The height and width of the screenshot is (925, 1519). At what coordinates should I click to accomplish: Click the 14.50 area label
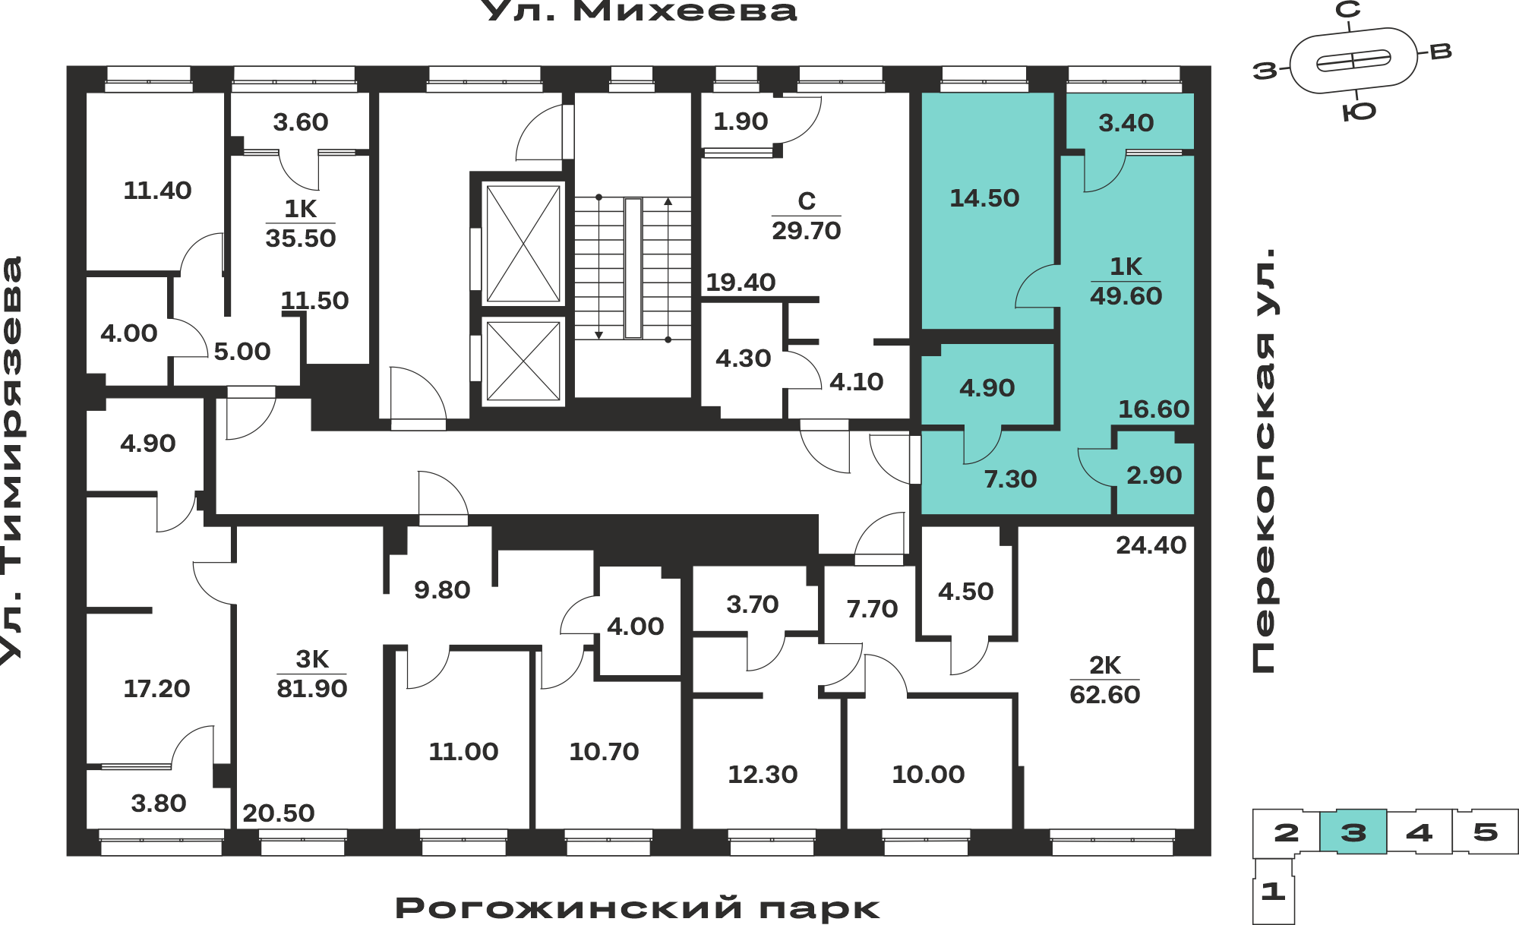[x=984, y=198]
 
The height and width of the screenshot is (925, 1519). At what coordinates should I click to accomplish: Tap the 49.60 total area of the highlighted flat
[x=1126, y=296]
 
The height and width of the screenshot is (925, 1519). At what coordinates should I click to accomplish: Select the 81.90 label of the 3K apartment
[x=311, y=689]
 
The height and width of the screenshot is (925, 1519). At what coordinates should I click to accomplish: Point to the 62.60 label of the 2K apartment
[x=1104, y=695]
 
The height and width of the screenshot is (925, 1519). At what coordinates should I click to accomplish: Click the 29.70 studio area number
[x=806, y=231]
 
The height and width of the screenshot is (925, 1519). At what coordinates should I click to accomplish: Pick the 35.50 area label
[x=300, y=238]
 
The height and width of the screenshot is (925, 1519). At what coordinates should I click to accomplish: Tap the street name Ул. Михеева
[x=639, y=11]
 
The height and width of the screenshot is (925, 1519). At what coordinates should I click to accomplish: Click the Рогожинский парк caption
[x=637, y=908]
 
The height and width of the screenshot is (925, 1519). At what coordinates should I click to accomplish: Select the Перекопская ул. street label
[x=1265, y=460]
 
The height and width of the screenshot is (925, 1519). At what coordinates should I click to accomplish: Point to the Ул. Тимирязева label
[x=12, y=460]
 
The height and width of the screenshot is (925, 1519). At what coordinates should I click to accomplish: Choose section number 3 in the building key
[x=1353, y=833]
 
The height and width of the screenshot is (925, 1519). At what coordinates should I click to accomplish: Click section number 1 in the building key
[x=1273, y=891]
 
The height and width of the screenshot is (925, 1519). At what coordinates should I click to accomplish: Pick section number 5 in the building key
[x=1486, y=832]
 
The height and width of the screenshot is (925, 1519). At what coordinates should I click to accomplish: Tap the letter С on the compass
[x=1348, y=10]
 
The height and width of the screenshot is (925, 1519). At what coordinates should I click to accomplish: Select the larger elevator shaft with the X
[x=523, y=244]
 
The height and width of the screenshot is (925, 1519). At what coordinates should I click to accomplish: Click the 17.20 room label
[x=156, y=689]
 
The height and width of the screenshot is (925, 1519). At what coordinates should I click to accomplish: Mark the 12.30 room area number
[x=763, y=775]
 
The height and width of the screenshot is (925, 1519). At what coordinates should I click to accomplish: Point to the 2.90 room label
[x=1154, y=475]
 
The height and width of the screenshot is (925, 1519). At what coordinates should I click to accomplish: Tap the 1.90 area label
[x=741, y=122]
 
